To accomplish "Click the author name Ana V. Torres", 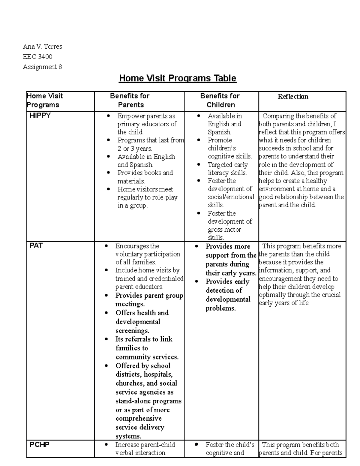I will (x=42, y=47).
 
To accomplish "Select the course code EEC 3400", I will (x=37, y=57).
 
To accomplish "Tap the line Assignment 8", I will (x=42, y=67).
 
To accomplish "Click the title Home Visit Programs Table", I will (x=178, y=78).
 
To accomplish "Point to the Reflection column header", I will (x=293, y=97).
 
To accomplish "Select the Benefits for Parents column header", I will (x=130, y=101).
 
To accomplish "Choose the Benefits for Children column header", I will (x=220, y=101).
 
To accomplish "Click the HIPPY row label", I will (x=40, y=116).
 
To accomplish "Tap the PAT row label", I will (x=36, y=246).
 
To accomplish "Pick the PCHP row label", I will (x=39, y=445).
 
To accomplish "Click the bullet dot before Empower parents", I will (x=109, y=116).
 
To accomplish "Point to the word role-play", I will (x=165, y=197).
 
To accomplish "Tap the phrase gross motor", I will (x=224, y=230).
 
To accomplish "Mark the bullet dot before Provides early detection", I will (x=196, y=282).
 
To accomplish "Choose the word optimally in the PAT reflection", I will (x=272, y=295).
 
